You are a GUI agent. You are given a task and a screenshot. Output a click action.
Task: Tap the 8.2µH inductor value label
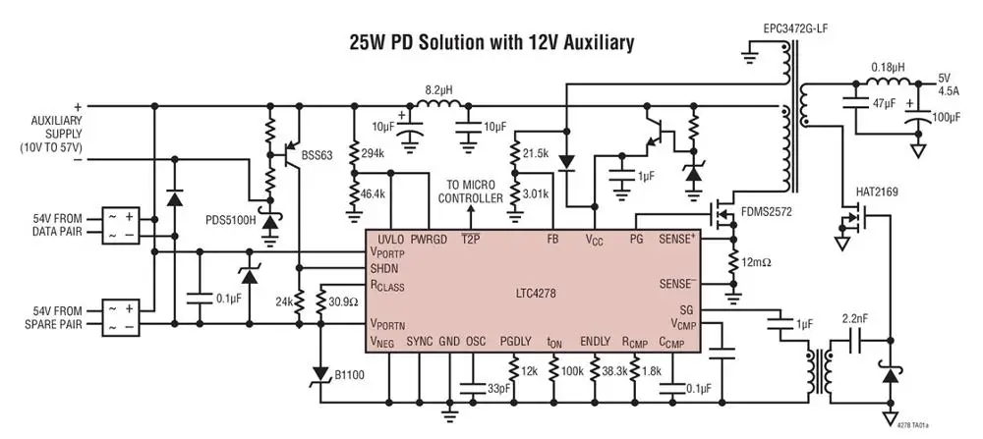pos(438,89)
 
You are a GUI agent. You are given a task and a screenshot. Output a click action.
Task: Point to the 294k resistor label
pos(374,154)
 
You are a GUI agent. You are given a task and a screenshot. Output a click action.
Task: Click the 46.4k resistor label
pos(374,193)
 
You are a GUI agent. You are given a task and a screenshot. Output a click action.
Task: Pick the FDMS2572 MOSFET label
pos(766,212)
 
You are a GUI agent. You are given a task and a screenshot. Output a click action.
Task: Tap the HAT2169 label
pos(877,192)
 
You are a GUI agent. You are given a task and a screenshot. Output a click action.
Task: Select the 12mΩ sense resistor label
pos(756,262)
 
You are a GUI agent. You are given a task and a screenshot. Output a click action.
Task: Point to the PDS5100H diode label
pos(231,221)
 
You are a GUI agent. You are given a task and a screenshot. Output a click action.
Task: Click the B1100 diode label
pos(349,376)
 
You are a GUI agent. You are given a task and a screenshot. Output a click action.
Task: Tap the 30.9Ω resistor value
pos(344,302)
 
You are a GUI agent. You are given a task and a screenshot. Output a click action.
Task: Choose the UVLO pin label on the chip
pos(390,240)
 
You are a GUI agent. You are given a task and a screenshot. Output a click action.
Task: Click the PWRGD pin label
pos(430,240)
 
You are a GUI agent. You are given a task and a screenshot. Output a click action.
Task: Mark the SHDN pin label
pos(382,269)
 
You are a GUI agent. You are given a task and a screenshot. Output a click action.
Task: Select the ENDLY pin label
pos(595,342)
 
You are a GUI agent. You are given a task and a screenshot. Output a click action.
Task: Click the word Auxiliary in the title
pos(589,43)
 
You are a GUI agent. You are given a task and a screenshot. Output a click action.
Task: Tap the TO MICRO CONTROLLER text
pos(470,192)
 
